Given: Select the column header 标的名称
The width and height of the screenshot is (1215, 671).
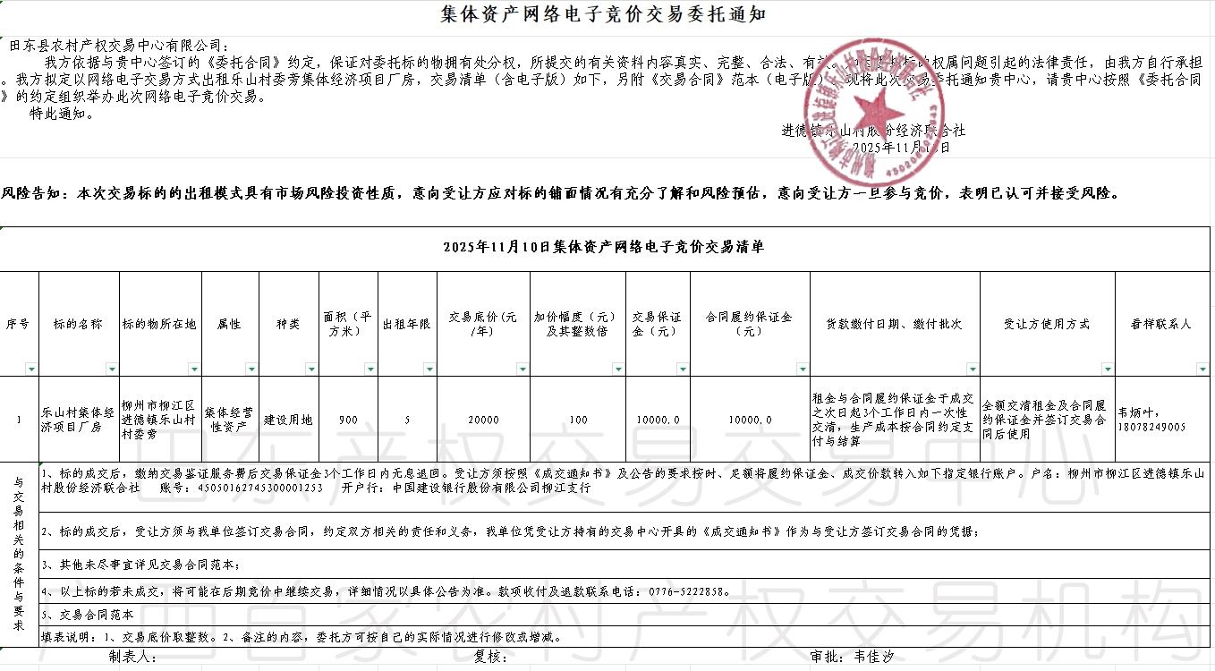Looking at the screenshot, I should tap(78, 324).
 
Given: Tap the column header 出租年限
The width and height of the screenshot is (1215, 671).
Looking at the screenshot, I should tap(407, 324).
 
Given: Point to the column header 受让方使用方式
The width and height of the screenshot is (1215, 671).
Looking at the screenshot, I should tap(1047, 324).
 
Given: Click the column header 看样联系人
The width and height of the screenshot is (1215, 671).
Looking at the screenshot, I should tap(1161, 324).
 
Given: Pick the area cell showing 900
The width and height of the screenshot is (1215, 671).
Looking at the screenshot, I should tap(348, 420).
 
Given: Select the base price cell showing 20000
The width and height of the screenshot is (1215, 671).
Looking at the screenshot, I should tap(483, 420).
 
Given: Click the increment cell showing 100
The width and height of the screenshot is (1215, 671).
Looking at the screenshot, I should tap(578, 420).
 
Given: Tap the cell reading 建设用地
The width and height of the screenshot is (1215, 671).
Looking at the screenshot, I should tap(288, 420).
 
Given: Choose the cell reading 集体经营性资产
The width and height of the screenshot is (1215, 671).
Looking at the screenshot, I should tap(230, 420).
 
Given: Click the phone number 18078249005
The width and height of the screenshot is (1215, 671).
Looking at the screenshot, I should tap(1151, 428).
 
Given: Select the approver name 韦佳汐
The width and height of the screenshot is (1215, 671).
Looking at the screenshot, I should tap(874, 657).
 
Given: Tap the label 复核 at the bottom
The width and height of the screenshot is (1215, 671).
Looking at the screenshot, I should tap(491, 657).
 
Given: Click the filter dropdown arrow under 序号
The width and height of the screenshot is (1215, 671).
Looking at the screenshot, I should tap(32, 369).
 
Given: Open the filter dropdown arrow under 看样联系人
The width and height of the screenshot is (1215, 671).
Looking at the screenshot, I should tap(1202, 369).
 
